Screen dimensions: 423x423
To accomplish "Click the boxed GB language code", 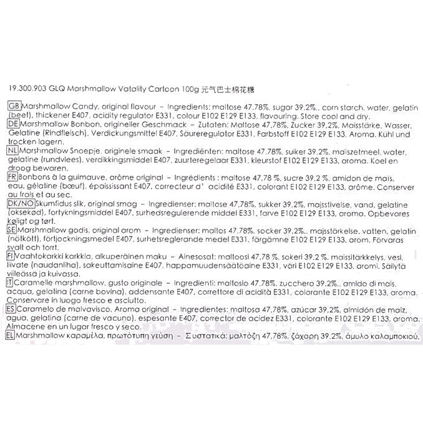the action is pyautogui.click(x=14, y=106).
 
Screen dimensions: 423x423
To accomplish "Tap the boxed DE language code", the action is pyautogui.click(x=13, y=124).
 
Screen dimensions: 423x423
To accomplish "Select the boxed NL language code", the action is pyautogui.click(x=12, y=150).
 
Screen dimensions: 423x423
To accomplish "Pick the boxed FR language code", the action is pyautogui.click(x=12, y=177).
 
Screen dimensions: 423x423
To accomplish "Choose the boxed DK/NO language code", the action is pyautogui.click(x=21, y=203).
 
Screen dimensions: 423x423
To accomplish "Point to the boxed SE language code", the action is pyautogui.click(x=12, y=230).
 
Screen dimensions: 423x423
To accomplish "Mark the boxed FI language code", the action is pyautogui.click(x=10, y=256).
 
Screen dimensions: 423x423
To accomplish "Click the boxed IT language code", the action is pyautogui.click(x=9, y=283).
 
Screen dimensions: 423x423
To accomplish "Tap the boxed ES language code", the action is pyautogui.click(x=11, y=309).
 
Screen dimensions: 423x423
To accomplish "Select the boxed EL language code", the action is pyautogui.click(x=10, y=336).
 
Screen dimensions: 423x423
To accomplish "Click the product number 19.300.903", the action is pyautogui.click(x=27, y=89).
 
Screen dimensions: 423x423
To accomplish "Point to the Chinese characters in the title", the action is pyautogui.click(x=228, y=90).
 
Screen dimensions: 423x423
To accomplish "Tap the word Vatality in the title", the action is pyautogui.click(x=132, y=89).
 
